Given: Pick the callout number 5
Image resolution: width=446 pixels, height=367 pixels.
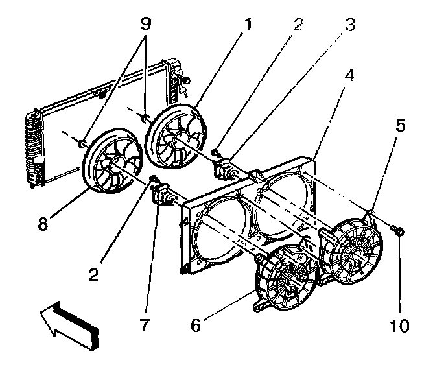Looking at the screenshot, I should [x=401, y=125].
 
